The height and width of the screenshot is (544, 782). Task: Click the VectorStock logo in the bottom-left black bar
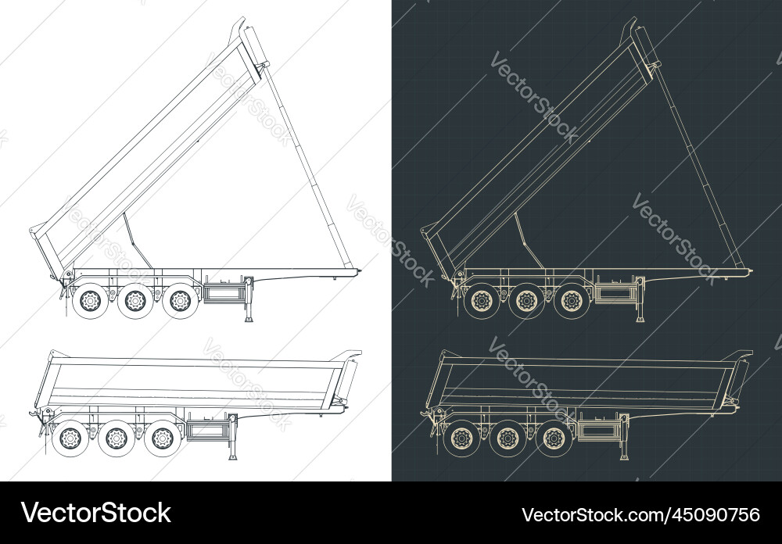(96, 513)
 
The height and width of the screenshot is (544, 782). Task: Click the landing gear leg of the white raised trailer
(249, 302)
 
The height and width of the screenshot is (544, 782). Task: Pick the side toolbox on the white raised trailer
(224, 294)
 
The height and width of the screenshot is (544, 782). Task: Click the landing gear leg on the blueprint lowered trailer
(623, 438)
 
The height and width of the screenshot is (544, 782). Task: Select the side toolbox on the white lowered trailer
(206, 431)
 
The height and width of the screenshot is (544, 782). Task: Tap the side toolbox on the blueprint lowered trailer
(597, 431)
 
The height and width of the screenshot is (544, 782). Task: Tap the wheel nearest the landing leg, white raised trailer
(181, 299)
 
